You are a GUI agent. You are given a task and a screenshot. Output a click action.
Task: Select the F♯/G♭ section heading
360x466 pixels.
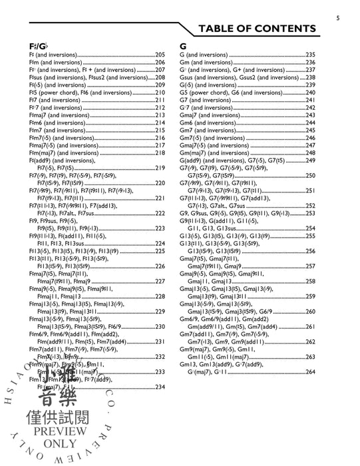(38, 45)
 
